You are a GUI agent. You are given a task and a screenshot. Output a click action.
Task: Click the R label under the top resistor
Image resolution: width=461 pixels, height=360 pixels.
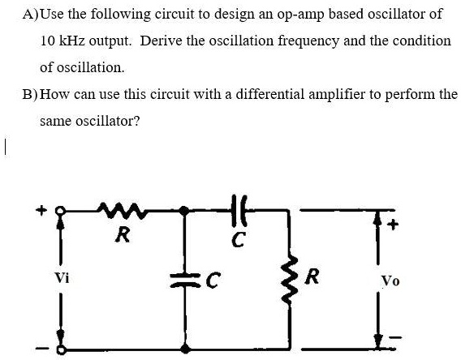click(122, 237)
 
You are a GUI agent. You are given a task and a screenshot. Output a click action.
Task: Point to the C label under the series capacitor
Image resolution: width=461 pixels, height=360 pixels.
click(236, 239)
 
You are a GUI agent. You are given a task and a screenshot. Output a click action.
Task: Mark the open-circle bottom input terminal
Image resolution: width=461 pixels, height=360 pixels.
click(58, 349)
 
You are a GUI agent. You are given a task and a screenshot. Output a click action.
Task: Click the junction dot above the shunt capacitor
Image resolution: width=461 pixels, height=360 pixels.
click(186, 212)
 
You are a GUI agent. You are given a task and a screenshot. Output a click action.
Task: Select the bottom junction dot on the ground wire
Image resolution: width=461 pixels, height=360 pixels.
click(186, 349)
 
